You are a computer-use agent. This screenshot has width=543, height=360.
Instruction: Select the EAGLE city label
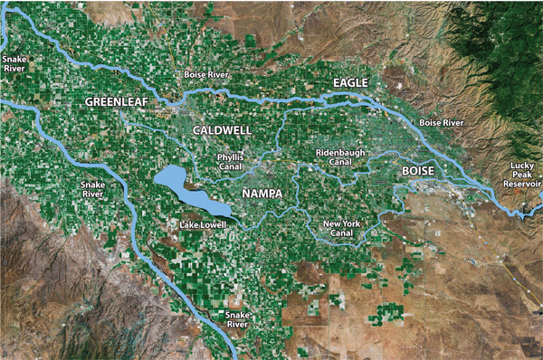[x=351, y=83]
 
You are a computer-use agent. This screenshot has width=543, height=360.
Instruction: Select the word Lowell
[x=214, y=224]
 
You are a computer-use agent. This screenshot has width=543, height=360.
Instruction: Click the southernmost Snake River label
[x=237, y=317]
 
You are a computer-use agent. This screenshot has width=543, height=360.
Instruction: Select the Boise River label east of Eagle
[x=442, y=122]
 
